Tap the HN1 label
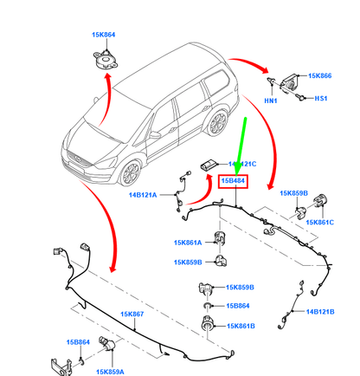click(270, 100)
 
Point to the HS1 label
click(322, 98)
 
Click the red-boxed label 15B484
click(234, 181)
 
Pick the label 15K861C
click(319, 222)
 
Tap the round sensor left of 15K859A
click(106, 344)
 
